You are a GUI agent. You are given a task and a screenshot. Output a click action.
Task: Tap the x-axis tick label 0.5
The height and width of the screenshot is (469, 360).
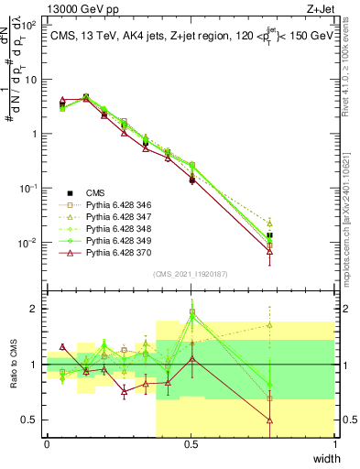point(191,444)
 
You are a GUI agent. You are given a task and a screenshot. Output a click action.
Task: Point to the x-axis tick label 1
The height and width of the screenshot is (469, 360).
point(334,444)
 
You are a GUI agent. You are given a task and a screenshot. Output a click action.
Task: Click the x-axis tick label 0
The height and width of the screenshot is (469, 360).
point(47,444)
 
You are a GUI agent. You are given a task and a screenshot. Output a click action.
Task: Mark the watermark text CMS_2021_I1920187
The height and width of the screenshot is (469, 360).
point(190,274)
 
